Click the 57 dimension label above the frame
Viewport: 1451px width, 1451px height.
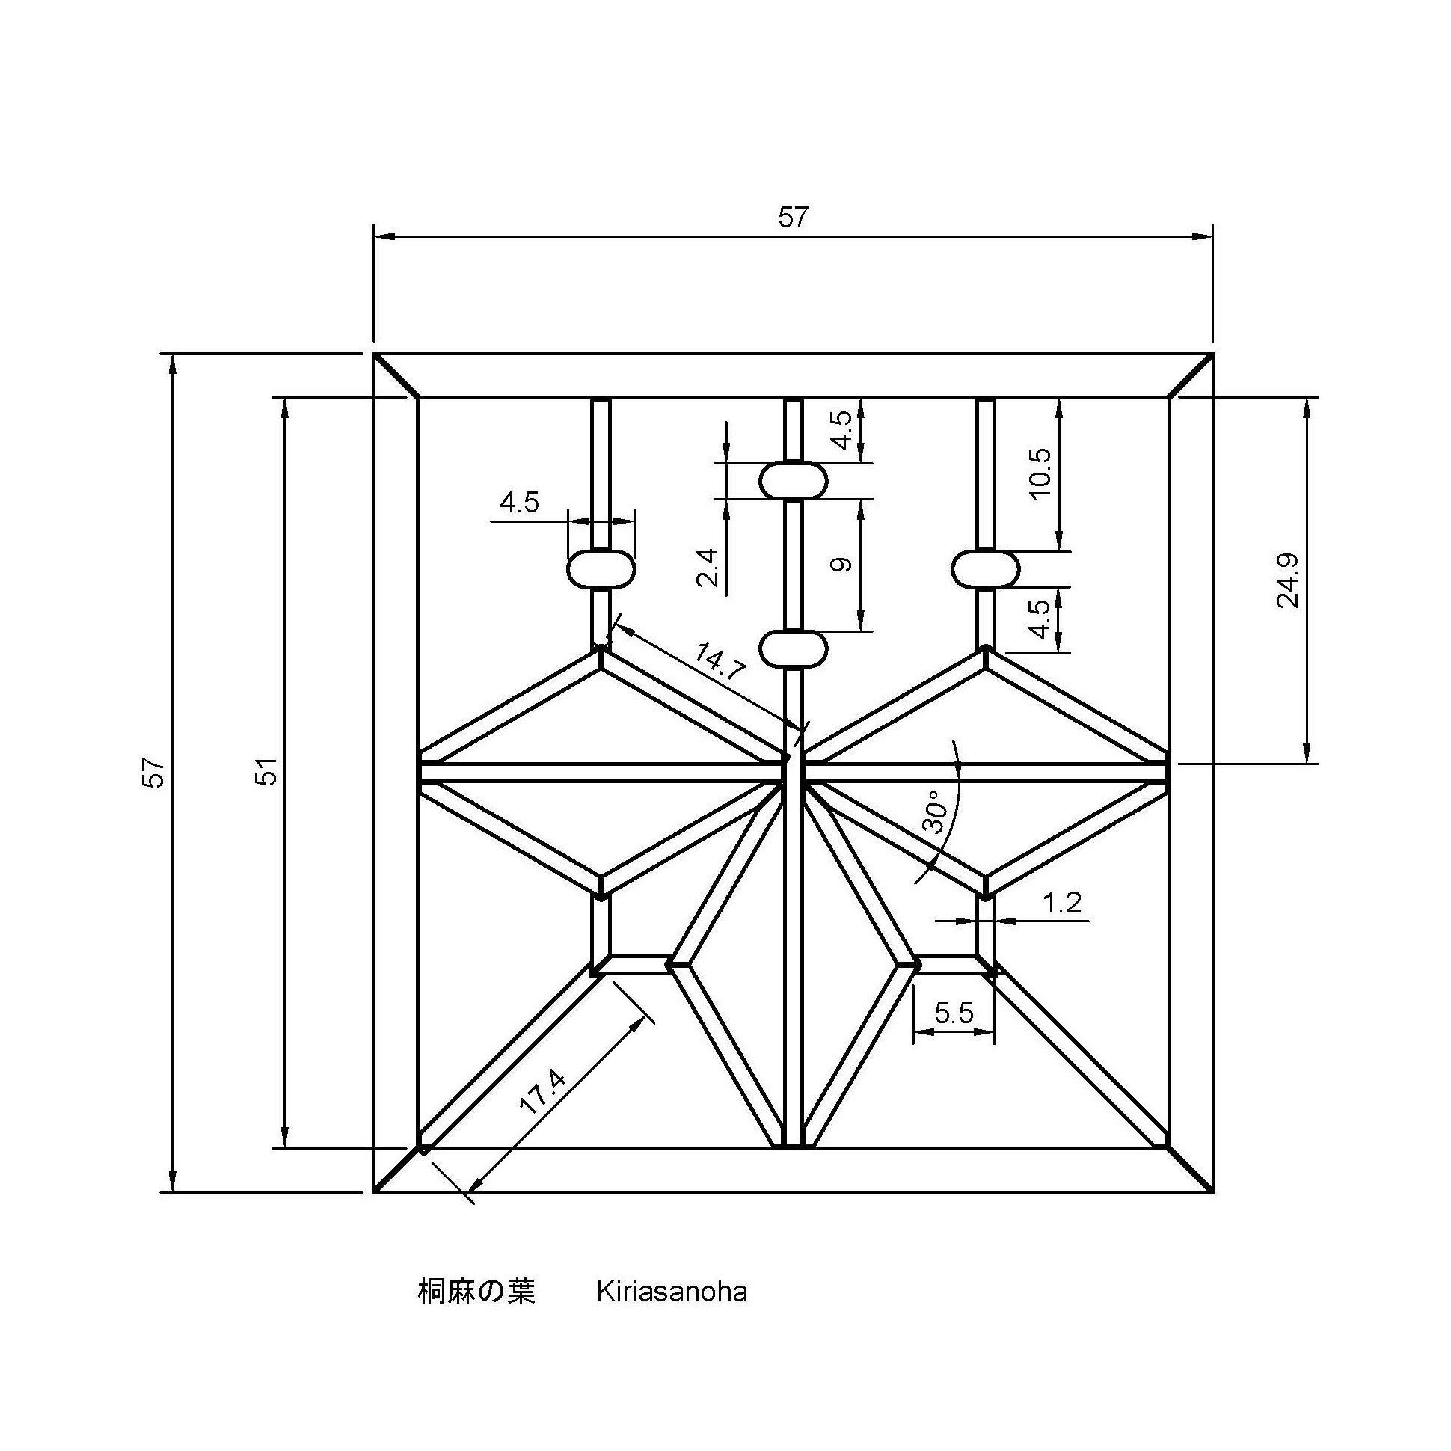pyautogui.click(x=792, y=217)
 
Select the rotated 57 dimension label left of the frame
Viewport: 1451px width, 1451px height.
pyautogui.click(x=153, y=772)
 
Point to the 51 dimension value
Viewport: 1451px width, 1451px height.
pyautogui.click(x=268, y=772)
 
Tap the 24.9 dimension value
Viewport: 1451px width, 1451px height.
pyautogui.click(x=1287, y=581)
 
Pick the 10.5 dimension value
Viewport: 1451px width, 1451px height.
pyautogui.click(x=1042, y=476)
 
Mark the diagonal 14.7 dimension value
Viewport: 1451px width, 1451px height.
pyautogui.click(x=719, y=662)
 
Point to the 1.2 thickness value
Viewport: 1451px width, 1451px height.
pyautogui.click(x=1062, y=904)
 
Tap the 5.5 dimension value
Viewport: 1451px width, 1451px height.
pyautogui.click(x=954, y=1014)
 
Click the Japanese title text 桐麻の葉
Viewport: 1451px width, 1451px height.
pyautogui.click(x=476, y=1292)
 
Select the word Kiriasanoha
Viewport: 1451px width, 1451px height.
pyautogui.click(x=672, y=1292)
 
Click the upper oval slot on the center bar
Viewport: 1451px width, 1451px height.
pyautogui.click(x=793, y=481)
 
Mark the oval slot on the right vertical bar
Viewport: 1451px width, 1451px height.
pyautogui.click(x=986, y=568)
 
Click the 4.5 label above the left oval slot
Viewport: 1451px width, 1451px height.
pyautogui.click(x=520, y=503)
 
